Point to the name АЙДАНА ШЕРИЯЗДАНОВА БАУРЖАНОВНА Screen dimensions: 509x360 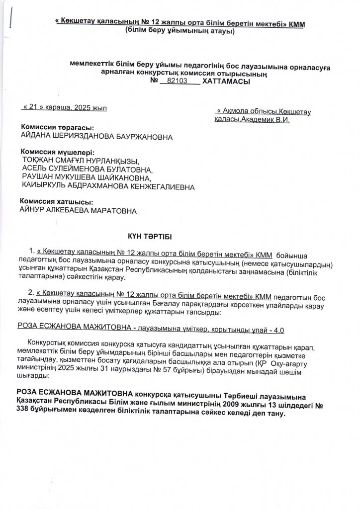coord(96,136)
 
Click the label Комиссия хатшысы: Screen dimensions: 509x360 coord(56,202)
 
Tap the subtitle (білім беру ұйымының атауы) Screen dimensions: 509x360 coord(180,30)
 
